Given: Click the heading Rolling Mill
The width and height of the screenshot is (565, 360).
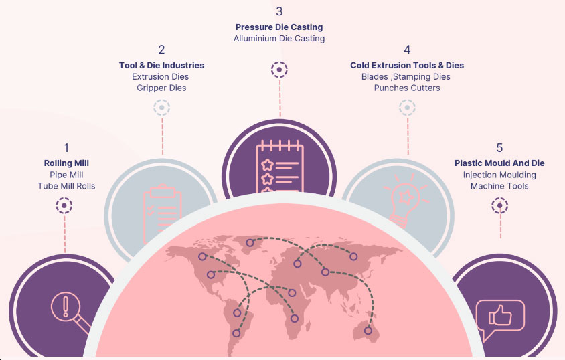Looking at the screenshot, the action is coord(66,163).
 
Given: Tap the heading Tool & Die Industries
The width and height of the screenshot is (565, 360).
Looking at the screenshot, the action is coord(161,65).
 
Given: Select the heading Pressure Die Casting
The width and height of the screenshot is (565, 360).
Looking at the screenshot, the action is coord(278,27).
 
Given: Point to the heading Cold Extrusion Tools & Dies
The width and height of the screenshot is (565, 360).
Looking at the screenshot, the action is coord(406,65).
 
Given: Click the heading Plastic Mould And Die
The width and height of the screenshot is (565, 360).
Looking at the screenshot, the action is coord(499,163).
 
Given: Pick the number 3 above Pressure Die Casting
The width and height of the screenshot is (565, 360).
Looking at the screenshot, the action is coord(279,11).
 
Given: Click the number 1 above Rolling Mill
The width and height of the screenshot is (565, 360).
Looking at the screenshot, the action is coord(66,147).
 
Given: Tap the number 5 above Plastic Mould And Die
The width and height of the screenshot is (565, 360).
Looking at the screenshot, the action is coord(499,147).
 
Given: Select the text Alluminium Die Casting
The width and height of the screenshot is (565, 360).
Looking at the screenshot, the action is coord(278,39).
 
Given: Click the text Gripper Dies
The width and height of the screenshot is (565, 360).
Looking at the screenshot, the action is coord(161,88).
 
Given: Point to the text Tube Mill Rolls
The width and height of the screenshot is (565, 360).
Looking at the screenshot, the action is coord(66,185).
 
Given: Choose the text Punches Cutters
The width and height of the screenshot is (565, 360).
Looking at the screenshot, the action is coord(406,88).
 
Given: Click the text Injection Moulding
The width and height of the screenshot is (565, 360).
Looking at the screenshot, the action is coord(499,175).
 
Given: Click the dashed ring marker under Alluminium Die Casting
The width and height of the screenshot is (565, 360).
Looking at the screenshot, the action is coord(279,69).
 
